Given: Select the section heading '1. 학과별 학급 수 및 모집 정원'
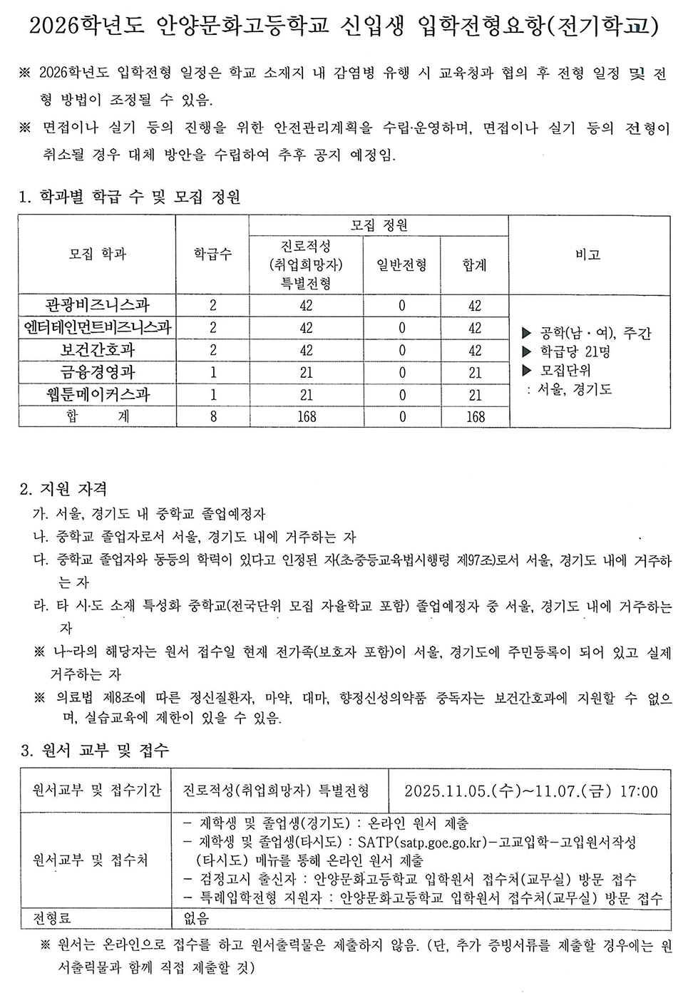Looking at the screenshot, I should point(130,197).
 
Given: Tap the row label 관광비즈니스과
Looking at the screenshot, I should point(98,305).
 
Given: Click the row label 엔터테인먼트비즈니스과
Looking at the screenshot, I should point(98,327).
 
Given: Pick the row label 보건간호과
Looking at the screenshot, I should point(98,350).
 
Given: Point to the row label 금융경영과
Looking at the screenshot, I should point(98,372).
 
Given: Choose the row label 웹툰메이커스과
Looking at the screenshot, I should point(98,394).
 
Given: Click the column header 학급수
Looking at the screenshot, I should point(212,254).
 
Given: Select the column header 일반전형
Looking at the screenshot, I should point(401,265).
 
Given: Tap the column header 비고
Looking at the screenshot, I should point(588,254).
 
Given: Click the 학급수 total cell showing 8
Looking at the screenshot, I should point(213,416).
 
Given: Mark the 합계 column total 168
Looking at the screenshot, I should point(476,416).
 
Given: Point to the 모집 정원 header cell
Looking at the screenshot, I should point(379,225).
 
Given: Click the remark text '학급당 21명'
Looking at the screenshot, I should point(575,351).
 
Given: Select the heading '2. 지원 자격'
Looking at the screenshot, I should point(64,489).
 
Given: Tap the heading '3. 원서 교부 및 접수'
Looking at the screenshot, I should point(95,750).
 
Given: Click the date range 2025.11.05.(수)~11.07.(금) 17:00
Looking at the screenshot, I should point(530,791).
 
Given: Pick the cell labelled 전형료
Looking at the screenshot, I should point(52,918).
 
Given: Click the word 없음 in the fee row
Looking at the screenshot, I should point(197,918).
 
